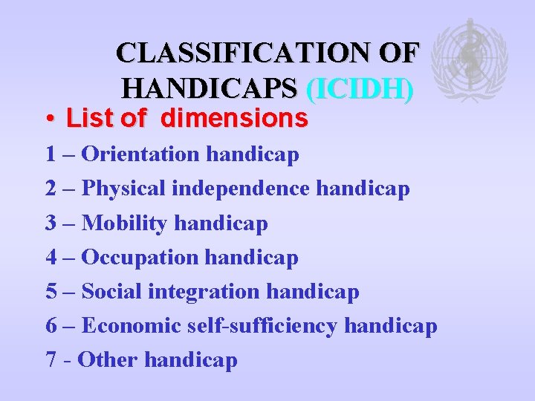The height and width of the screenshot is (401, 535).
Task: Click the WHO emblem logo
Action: (x=470, y=59)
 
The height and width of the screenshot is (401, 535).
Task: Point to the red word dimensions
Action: (x=234, y=118)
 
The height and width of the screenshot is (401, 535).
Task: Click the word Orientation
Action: (x=141, y=154)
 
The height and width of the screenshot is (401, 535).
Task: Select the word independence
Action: (x=241, y=189)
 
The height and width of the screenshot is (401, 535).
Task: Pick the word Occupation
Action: (x=140, y=257)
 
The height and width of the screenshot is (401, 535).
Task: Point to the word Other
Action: (x=107, y=360)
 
